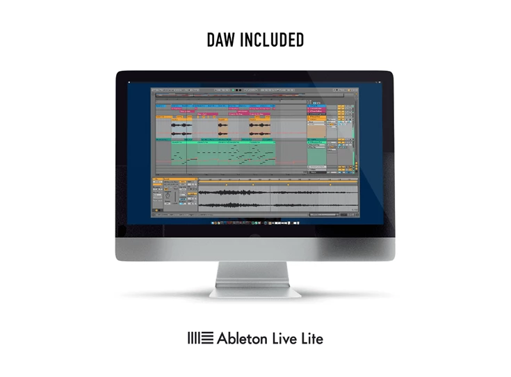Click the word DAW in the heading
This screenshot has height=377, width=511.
click(220, 40)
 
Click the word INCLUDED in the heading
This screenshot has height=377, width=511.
click(273, 40)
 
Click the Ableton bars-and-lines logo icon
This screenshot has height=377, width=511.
click(200, 339)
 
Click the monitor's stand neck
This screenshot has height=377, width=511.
click(255, 273)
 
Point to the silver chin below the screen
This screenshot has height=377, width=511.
click(255, 249)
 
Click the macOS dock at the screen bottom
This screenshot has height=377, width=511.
click(254, 224)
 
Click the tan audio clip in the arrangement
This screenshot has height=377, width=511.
click(223, 127)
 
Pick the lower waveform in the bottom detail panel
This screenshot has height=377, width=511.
click(278, 204)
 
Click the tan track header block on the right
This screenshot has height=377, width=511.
click(316, 130)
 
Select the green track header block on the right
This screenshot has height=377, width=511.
click(316, 157)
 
